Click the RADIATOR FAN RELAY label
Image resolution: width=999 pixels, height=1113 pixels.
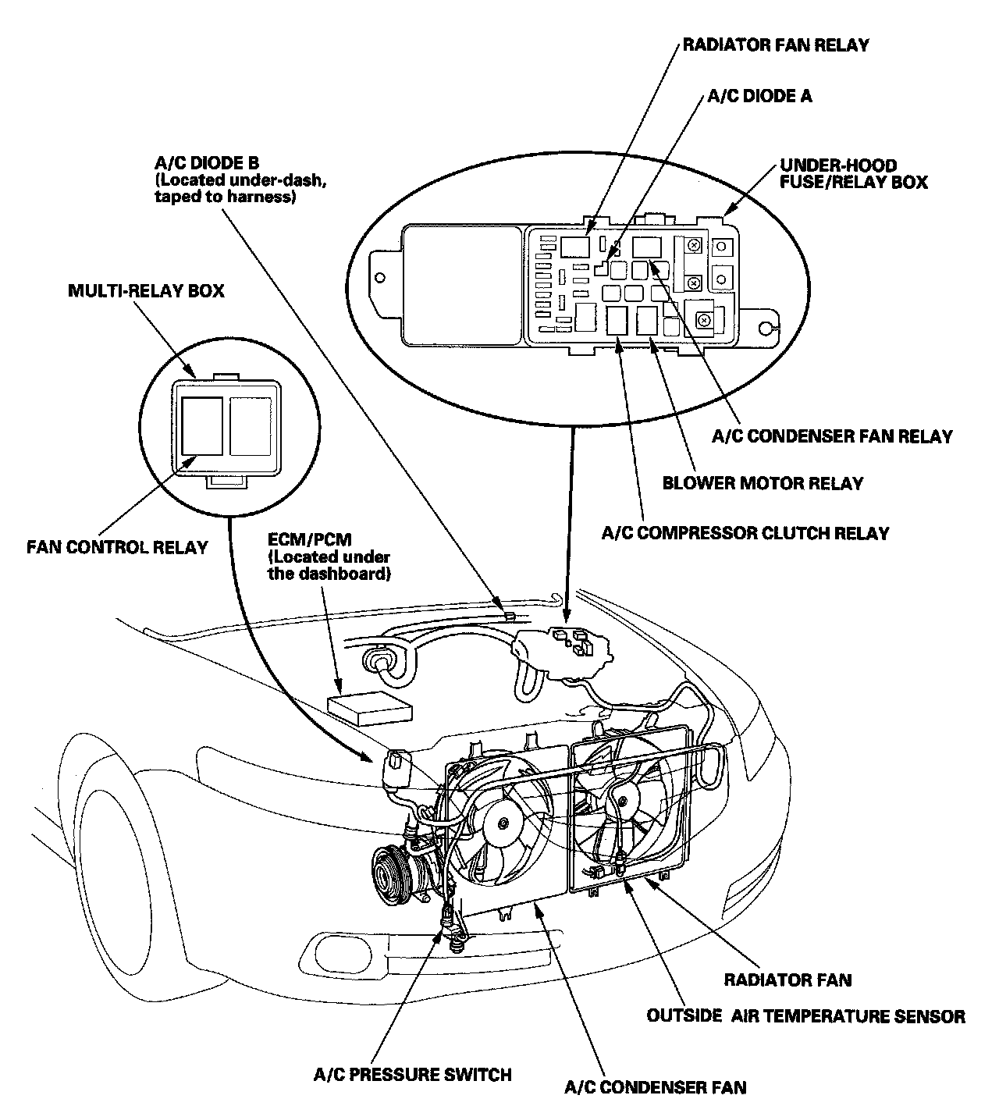(x=775, y=44)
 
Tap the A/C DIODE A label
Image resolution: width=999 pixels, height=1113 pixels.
(x=759, y=96)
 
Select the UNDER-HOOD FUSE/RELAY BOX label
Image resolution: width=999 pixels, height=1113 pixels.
(x=853, y=174)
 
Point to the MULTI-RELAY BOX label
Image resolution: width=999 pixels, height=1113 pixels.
(x=146, y=291)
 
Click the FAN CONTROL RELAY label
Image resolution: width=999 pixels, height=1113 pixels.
(x=117, y=546)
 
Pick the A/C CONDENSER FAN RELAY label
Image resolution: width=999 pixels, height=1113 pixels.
(x=832, y=436)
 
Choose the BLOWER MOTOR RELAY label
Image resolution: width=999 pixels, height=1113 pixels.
(x=763, y=482)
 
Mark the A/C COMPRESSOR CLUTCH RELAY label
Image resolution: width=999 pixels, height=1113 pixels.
(x=745, y=534)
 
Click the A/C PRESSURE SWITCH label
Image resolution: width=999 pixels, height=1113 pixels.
(x=413, y=1075)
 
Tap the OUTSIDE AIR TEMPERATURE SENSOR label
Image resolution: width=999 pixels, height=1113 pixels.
(x=806, y=1016)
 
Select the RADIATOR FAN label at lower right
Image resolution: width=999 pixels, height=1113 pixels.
(x=787, y=980)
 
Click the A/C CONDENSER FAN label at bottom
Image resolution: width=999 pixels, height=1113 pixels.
(x=655, y=1087)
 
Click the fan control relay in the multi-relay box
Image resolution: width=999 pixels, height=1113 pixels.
(x=202, y=425)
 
